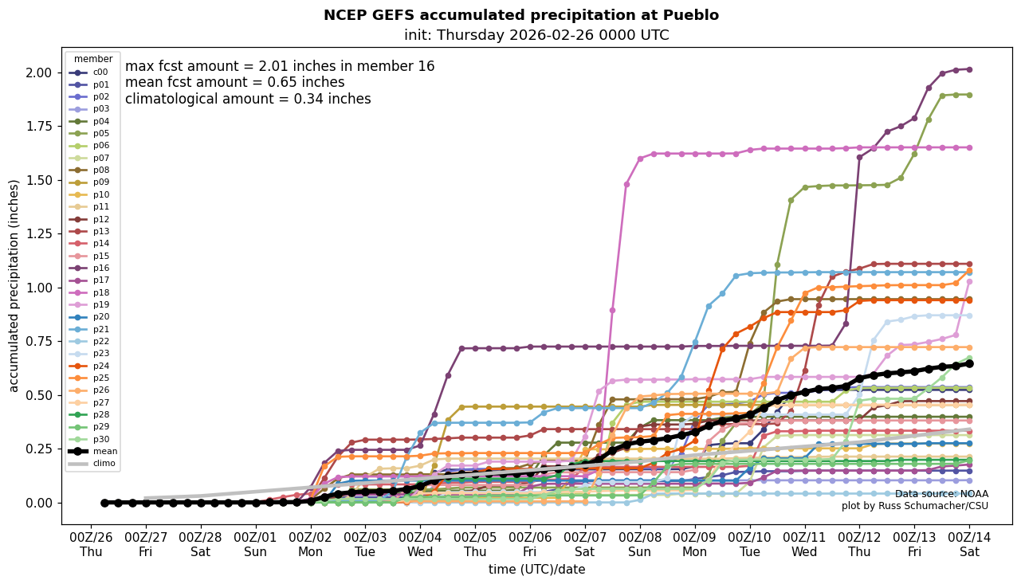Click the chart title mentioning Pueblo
point(520,15)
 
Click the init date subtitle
point(536,35)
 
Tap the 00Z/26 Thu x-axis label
point(92,543)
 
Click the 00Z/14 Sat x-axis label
point(969,543)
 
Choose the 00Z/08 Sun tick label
point(640,543)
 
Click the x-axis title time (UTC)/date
point(536,569)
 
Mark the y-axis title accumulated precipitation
point(14,285)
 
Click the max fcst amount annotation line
point(280,66)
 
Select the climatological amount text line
point(248,99)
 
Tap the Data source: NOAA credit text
point(940,494)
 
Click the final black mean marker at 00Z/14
point(969,363)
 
